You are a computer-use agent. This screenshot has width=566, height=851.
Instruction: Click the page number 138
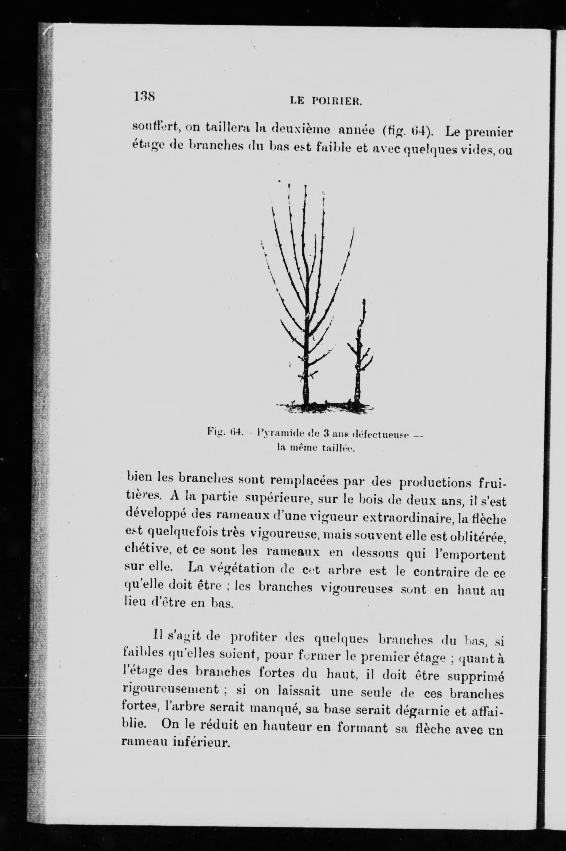click(144, 97)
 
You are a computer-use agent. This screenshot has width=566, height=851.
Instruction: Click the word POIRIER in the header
click(337, 102)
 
